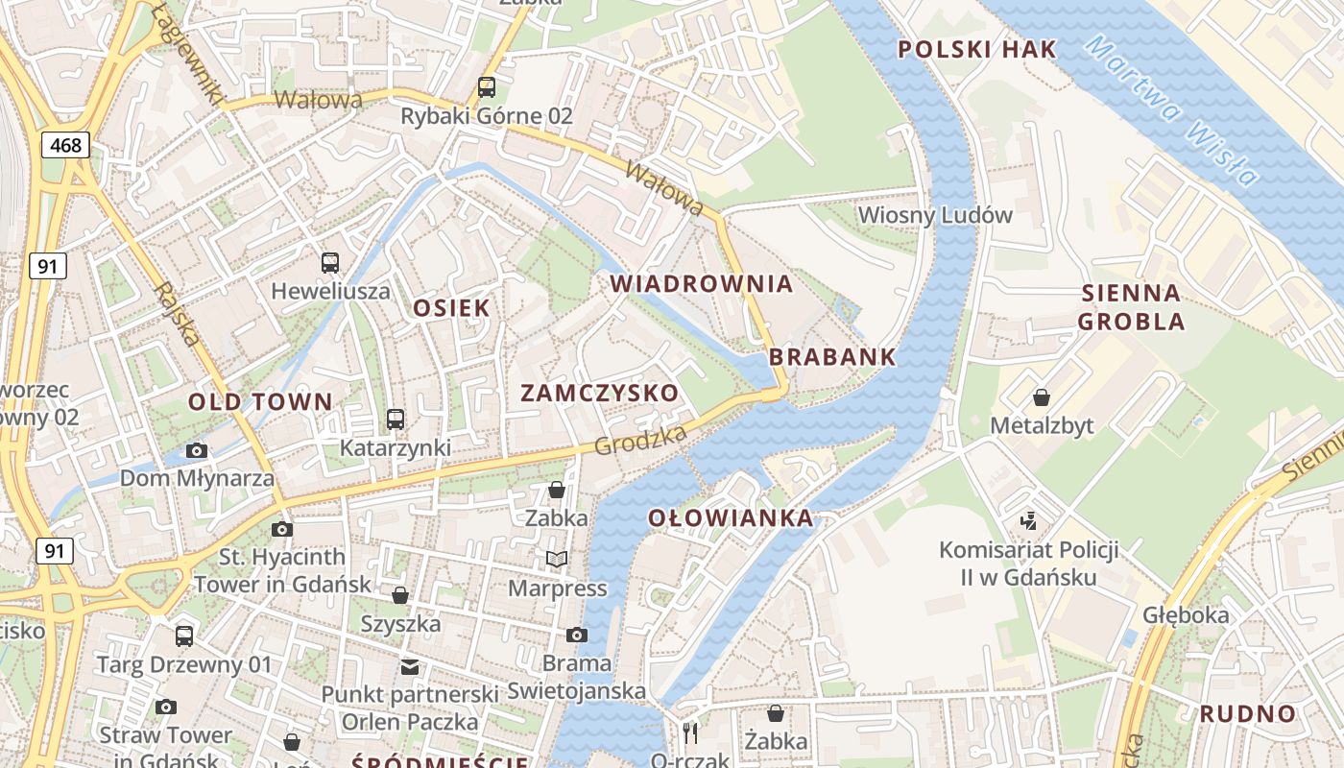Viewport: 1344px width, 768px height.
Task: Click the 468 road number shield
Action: (66, 145)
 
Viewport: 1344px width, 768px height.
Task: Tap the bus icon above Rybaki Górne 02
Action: (487, 87)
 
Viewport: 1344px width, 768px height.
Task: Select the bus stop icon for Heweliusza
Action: (330, 262)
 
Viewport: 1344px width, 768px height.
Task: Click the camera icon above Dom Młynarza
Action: (197, 450)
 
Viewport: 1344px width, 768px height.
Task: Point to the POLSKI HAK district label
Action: (976, 50)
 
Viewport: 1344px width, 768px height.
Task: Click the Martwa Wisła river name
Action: (1172, 110)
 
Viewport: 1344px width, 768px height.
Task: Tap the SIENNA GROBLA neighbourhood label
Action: (1131, 307)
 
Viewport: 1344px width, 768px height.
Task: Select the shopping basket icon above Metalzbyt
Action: (1042, 397)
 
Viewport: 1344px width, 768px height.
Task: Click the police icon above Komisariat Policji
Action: (1029, 521)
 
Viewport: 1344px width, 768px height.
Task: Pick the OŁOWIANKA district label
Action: (731, 518)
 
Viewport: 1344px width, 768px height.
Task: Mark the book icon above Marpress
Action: (557, 559)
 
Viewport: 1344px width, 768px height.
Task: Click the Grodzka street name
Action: (640, 441)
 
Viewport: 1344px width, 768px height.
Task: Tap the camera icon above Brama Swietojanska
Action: (577, 635)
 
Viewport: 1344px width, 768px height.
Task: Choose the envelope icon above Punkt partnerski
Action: (410, 666)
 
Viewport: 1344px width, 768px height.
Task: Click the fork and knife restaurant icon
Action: (690, 732)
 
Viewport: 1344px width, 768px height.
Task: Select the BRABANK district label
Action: (832, 357)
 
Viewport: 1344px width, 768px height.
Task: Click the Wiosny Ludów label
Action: (935, 215)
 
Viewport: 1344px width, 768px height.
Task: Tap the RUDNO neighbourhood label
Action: (1247, 713)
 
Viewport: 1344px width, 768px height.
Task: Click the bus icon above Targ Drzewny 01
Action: (184, 636)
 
